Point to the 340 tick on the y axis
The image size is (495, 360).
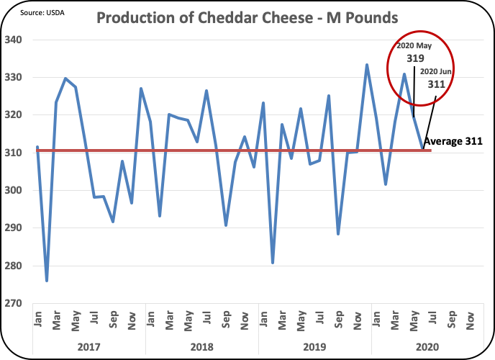pos(20,40)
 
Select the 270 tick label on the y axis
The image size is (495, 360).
pos(20,303)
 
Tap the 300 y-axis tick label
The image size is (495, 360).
pos(20,190)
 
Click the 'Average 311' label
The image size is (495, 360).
pos(452,141)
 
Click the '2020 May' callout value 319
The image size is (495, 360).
pos(415,58)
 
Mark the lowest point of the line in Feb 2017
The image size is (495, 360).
pos(47,281)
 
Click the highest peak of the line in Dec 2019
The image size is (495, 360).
pos(367,65)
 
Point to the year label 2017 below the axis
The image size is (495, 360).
pos(88,346)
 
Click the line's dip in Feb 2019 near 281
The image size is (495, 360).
pos(273,263)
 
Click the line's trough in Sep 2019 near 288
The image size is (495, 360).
pos(338,234)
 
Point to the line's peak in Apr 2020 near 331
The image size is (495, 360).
pos(404,73)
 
